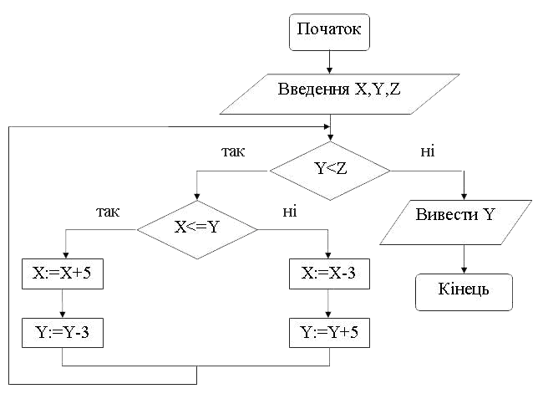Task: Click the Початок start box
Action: (x=329, y=33)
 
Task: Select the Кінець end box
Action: (x=464, y=292)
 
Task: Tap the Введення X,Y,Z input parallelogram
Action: (x=340, y=94)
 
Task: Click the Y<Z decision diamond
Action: (x=330, y=171)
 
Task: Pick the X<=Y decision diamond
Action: (x=197, y=229)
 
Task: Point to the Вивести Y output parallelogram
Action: (x=456, y=223)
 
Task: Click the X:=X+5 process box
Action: (x=63, y=274)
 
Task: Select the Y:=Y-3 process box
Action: (x=63, y=333)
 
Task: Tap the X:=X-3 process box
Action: (x=329, y=274)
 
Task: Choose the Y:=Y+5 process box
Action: (x=329, y=333)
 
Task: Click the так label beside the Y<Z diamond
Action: (x=233, y=151)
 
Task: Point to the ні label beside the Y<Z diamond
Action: (x=428, y=151)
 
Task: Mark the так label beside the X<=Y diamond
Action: (x=108, y=212)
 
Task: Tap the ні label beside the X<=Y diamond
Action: (x=290, y=212)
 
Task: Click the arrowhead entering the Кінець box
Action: (x=464, y=271)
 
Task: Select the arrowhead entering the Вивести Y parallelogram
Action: (x=464, y=197)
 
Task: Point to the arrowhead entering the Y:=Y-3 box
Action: (x=63, y=315)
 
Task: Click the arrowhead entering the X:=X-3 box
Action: (x=328, y=255)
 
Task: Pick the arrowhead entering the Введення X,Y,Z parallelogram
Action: (x=329, y=70)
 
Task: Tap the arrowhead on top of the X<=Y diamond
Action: (x=196, y=197)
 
